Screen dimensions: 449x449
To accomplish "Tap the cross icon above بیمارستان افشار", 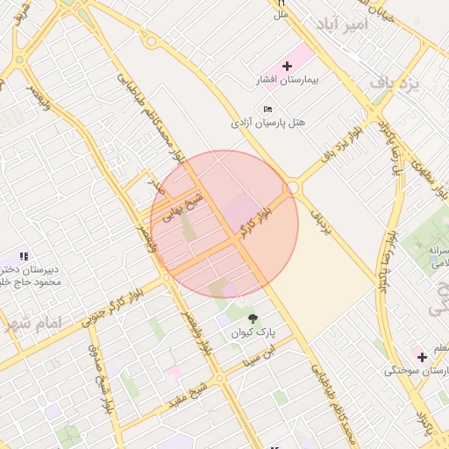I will (x=287, y=66).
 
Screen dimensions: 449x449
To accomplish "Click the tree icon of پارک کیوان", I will (x=253, y=318).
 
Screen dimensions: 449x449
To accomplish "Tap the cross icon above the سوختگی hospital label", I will (x=422, y=356).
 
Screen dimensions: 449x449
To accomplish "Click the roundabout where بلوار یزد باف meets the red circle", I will (x=293, y=187).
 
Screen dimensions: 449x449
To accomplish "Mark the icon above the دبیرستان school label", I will (x=24, y=255).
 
